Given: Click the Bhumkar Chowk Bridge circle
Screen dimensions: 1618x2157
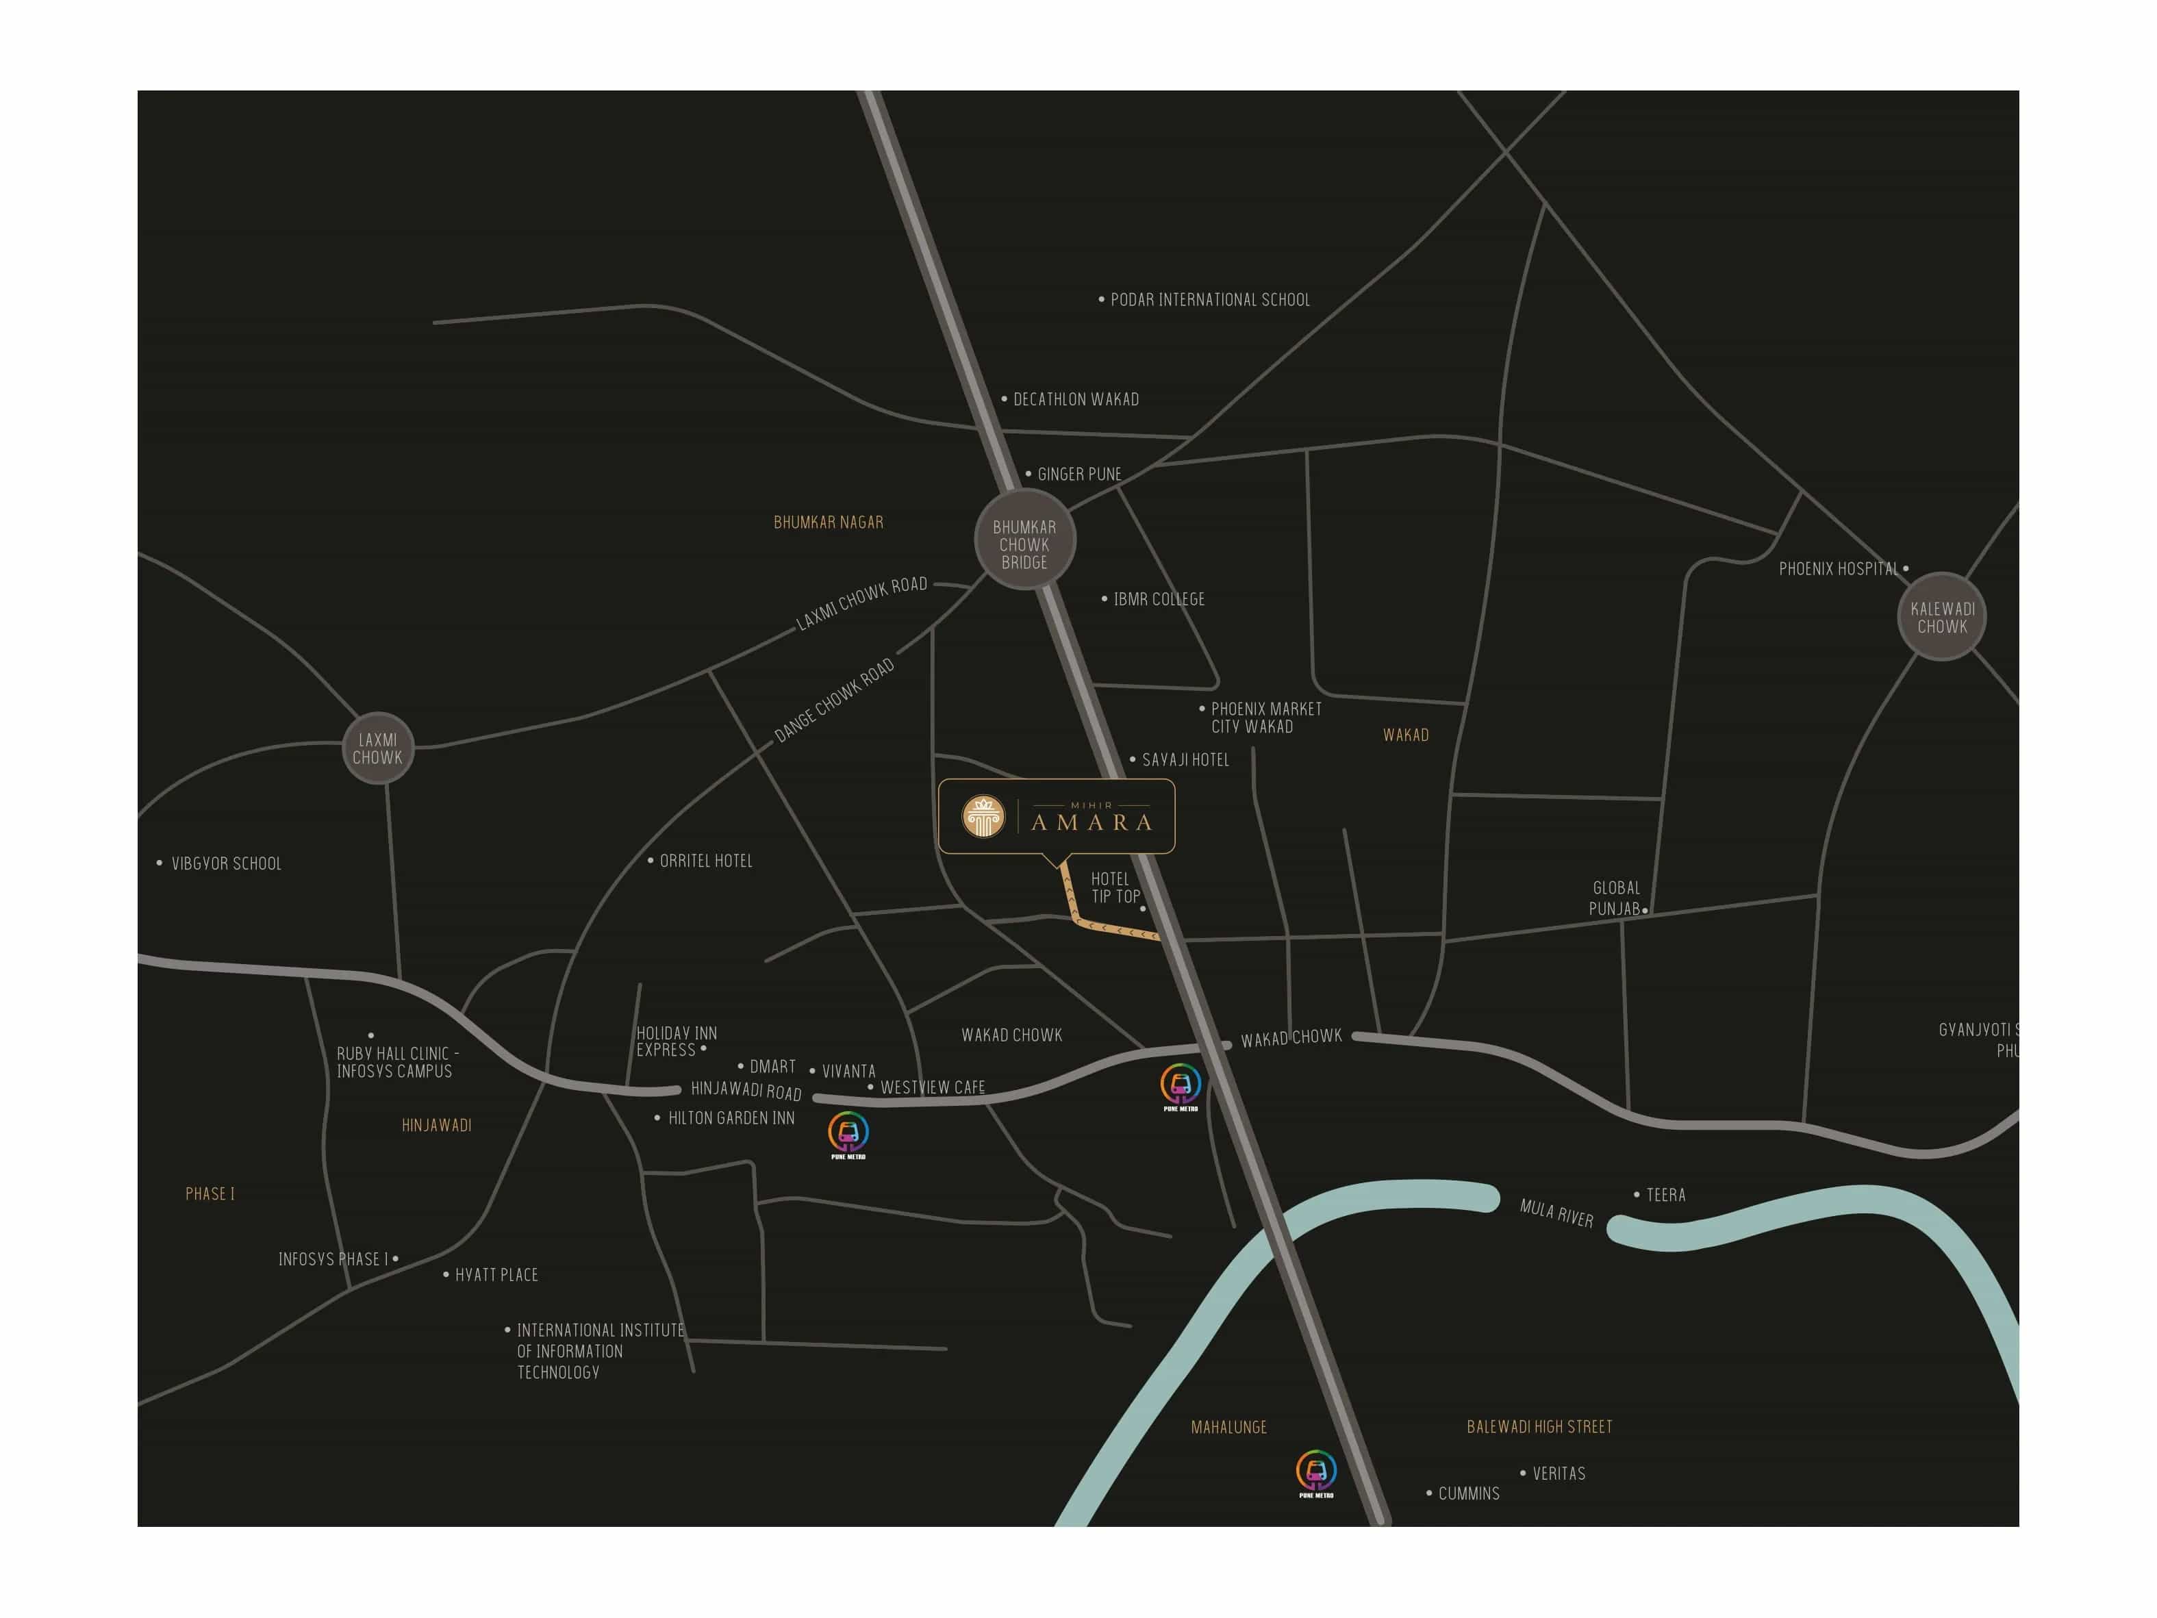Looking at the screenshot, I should (x=1025, y=542).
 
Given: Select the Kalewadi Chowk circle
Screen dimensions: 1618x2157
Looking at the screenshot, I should (x=1941, y=616).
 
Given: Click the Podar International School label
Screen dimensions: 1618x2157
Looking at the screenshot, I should (x=1209, y=299).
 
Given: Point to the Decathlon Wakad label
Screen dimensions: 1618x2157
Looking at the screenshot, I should (x=1076, y=399).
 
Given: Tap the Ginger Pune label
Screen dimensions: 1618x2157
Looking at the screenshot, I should (x=1078, y=474).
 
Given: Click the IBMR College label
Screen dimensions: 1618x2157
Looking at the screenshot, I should (x=1159, y=599).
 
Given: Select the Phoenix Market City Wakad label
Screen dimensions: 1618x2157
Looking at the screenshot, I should (x=1265, y=717).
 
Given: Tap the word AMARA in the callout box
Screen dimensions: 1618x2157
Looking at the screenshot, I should (x=1092, y=822).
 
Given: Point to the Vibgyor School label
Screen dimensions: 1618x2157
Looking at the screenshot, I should (x=226, y=863).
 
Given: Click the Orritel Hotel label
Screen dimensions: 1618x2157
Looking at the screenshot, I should (x=706, y=860).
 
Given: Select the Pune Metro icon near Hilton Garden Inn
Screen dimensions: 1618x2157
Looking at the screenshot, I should (x=848, y=1133).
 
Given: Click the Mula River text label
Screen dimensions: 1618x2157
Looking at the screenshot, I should (x=1556, y=1212).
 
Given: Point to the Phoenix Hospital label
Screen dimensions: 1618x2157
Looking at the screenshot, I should (x=1838, y=568).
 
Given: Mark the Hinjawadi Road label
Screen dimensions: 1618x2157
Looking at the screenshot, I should (x=746, y=1089).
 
